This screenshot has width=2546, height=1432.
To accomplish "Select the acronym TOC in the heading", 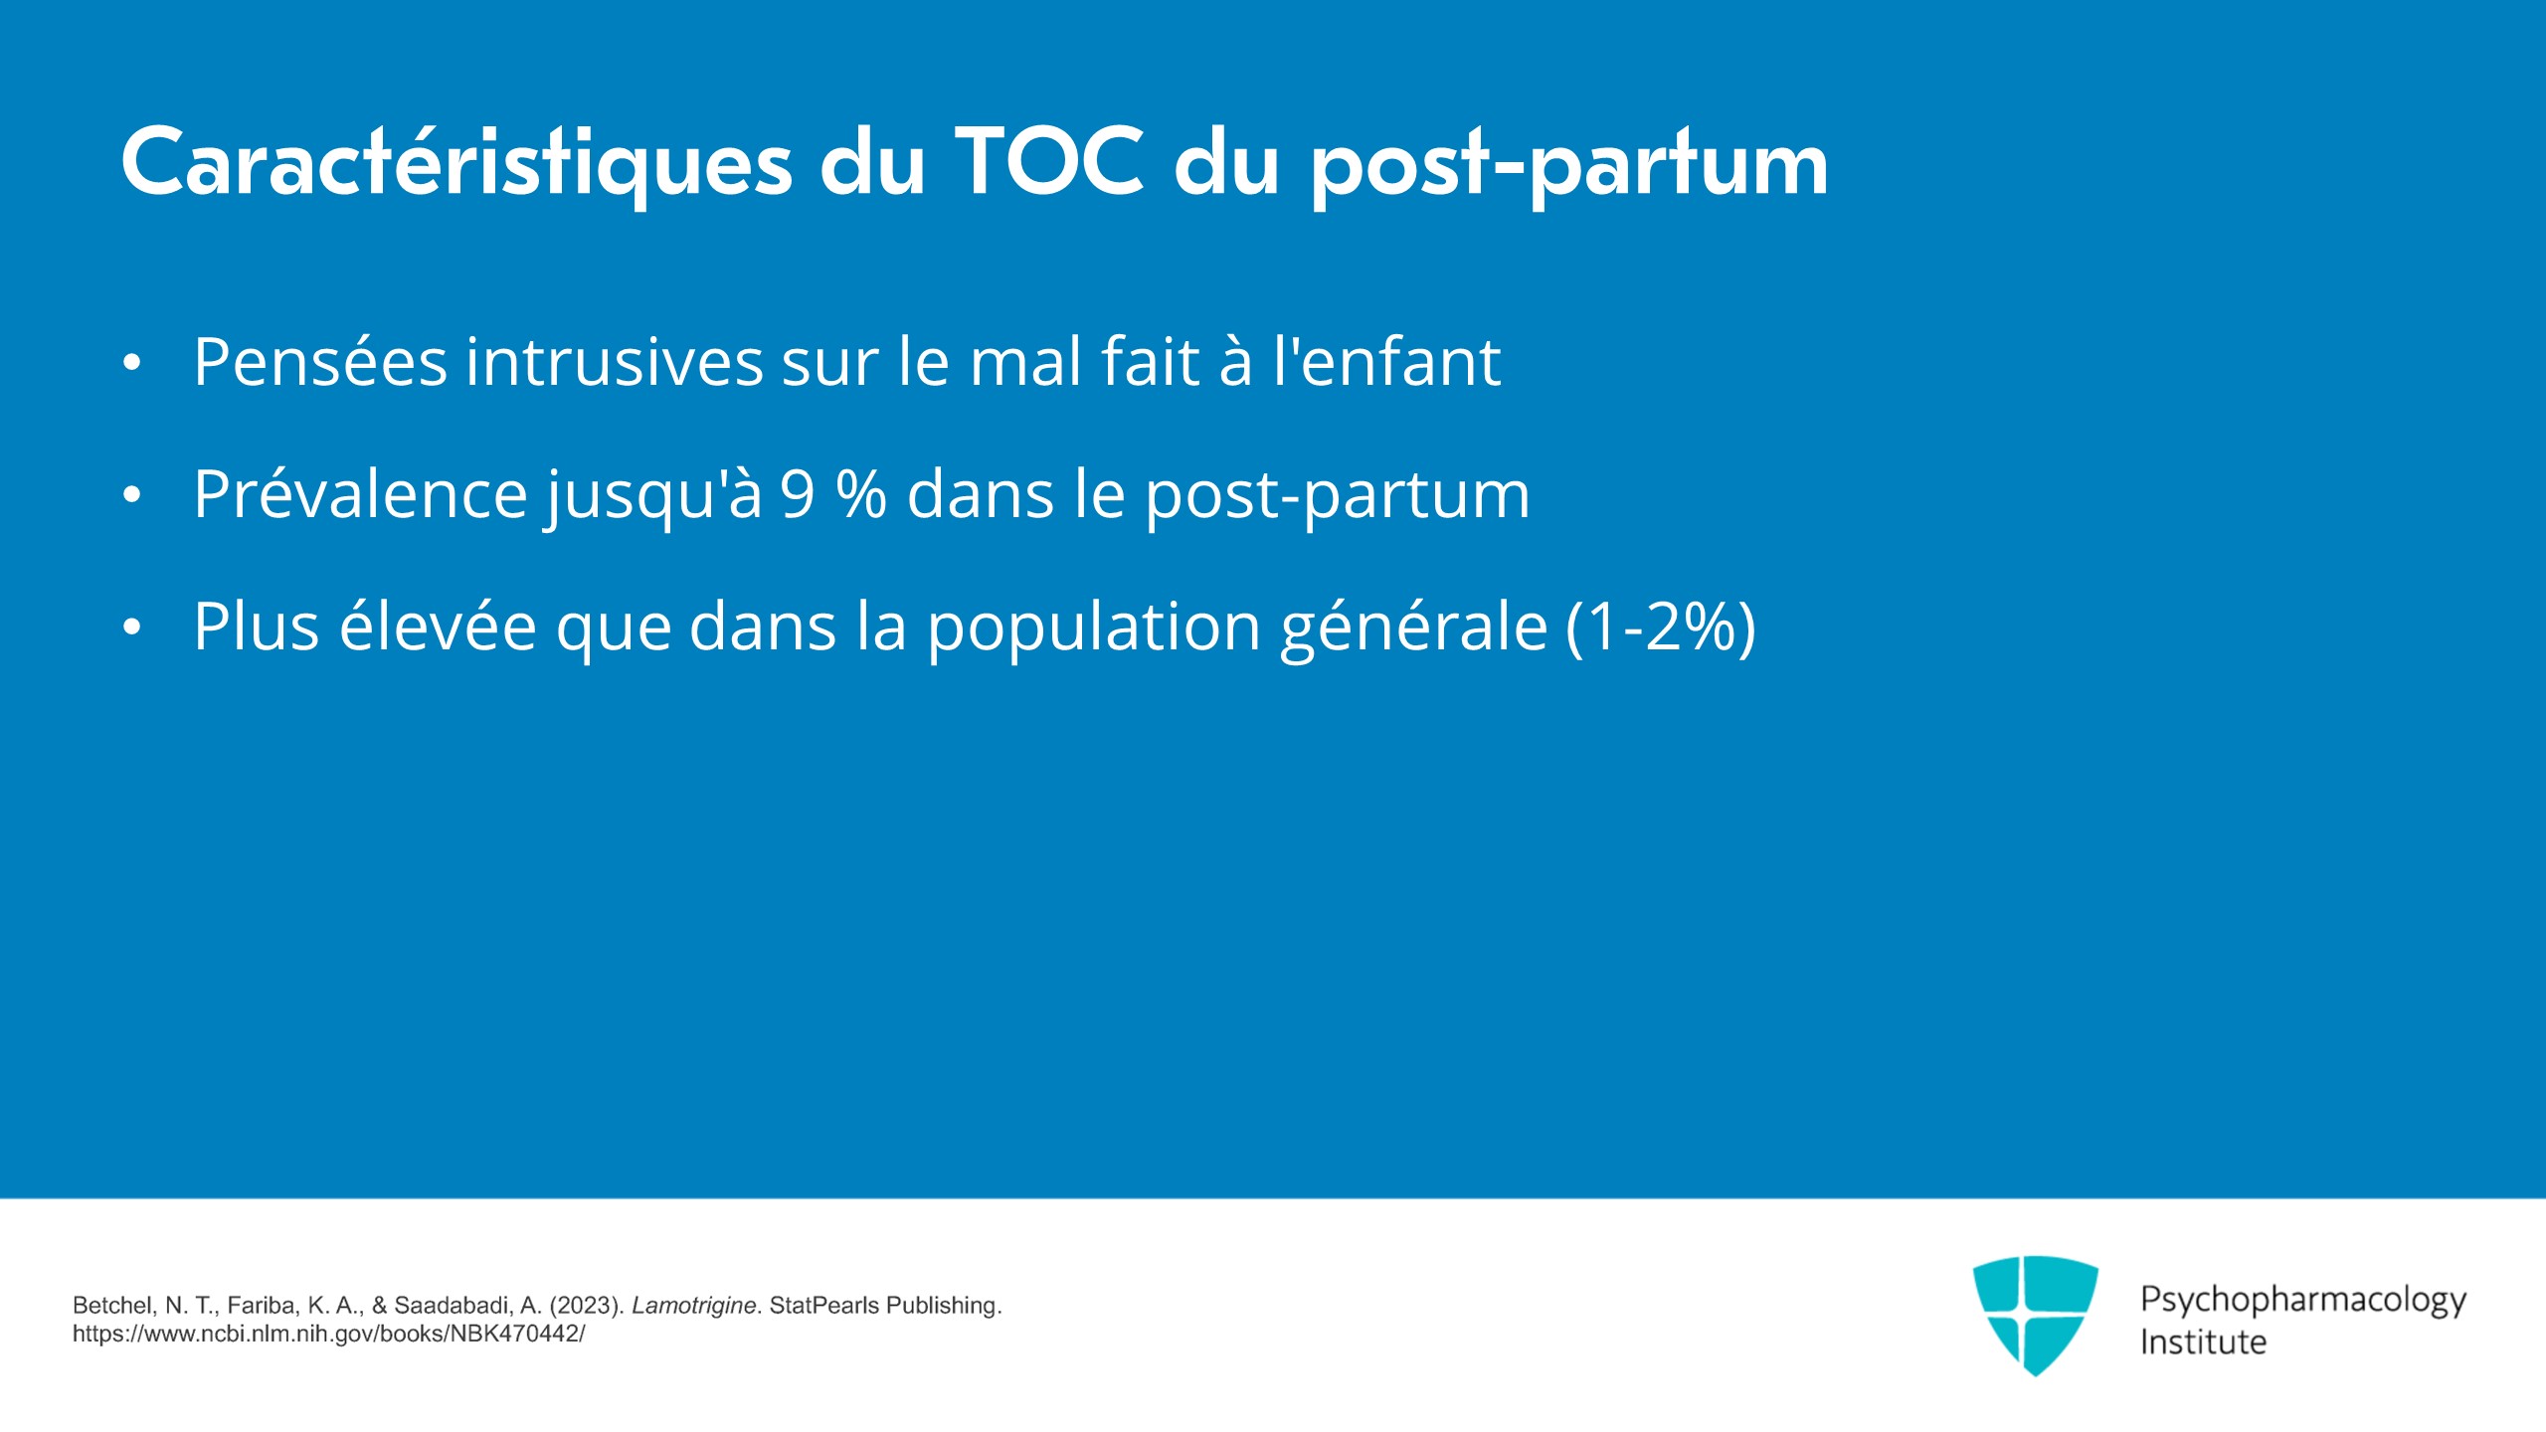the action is [1050, 161].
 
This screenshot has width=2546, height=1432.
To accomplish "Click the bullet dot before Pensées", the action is [132, 363].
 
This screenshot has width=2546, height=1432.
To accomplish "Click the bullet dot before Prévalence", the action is [132, 495].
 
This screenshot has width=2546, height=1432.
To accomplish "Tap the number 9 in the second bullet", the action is [798, 494].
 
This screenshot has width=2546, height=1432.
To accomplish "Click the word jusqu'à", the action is [653, 495].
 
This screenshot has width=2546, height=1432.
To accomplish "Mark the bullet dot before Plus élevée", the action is [132, 627].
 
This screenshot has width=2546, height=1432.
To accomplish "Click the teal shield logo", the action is [2035, 1315].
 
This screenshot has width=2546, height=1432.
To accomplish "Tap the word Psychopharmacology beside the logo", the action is [2303, 1301].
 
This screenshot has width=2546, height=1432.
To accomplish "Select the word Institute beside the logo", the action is [2203, 1342].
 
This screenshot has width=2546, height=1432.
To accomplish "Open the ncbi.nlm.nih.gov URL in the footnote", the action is [328, 1335].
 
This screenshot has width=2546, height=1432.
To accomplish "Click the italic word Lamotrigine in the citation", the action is [694, 1306].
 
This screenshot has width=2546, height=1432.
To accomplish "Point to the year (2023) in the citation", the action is [586, 1306].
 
